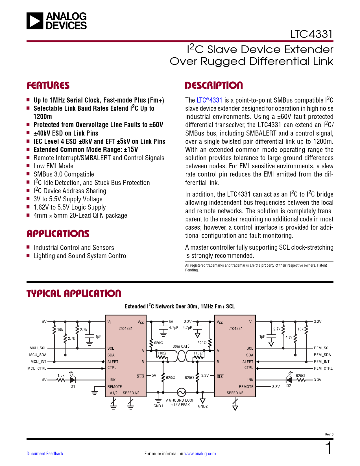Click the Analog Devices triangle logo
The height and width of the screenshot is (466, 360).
coord(35,21)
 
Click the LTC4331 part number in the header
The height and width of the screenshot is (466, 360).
coord(311,34)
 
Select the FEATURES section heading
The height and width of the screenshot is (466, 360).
coord(48,86)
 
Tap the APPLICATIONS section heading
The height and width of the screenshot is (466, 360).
coord(58,234)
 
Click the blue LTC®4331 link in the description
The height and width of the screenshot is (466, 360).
coord(209,100)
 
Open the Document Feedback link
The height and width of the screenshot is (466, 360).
coord(45,454)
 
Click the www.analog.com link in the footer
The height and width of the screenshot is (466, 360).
coord(200,454)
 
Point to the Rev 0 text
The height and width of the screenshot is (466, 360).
coord(329,434)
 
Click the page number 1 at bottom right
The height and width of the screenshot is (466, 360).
coord(328,448)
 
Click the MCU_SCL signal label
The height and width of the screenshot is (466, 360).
coord(38,348)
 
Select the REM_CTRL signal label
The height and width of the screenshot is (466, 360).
coord(323,369)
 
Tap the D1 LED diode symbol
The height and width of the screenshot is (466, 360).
coord(73,380)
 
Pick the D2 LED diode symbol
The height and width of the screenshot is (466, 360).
coord(289,380)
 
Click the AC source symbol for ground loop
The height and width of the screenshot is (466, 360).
coord(181,392)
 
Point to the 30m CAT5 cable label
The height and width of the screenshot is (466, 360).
coord(181,346)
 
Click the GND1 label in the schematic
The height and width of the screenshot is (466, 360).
coord(158,406)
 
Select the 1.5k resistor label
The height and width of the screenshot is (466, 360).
coord(61,375)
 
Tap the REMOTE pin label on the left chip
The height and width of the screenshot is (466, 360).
coord(115,387)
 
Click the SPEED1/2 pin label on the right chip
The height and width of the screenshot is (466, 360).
coord(235,393)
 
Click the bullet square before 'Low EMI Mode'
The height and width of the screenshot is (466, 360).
coord(28,166)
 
